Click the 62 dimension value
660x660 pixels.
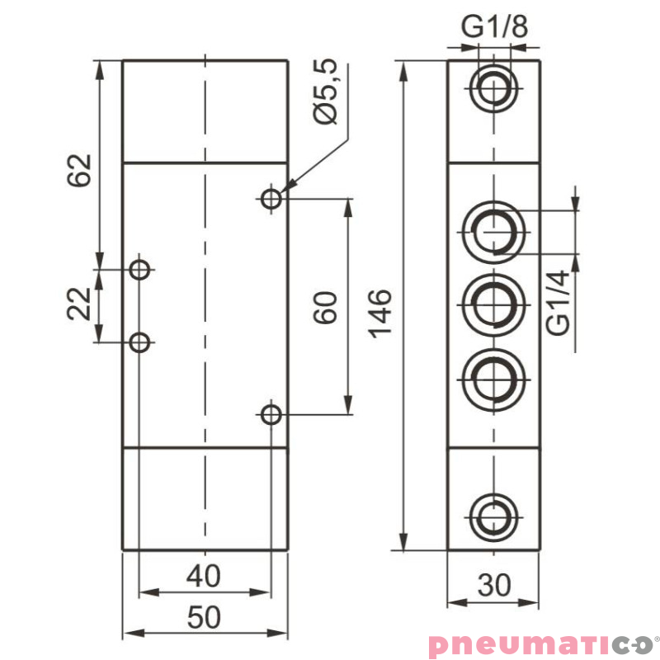(78, 171)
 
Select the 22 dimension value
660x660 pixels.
(78, 304)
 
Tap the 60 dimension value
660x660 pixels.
(327, 307)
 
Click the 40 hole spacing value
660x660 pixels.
(204, 576)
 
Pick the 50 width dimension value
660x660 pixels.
(204, 617)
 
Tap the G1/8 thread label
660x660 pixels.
(494, 26)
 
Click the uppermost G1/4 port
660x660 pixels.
(494, 230)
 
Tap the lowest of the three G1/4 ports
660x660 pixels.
(494, 377)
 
